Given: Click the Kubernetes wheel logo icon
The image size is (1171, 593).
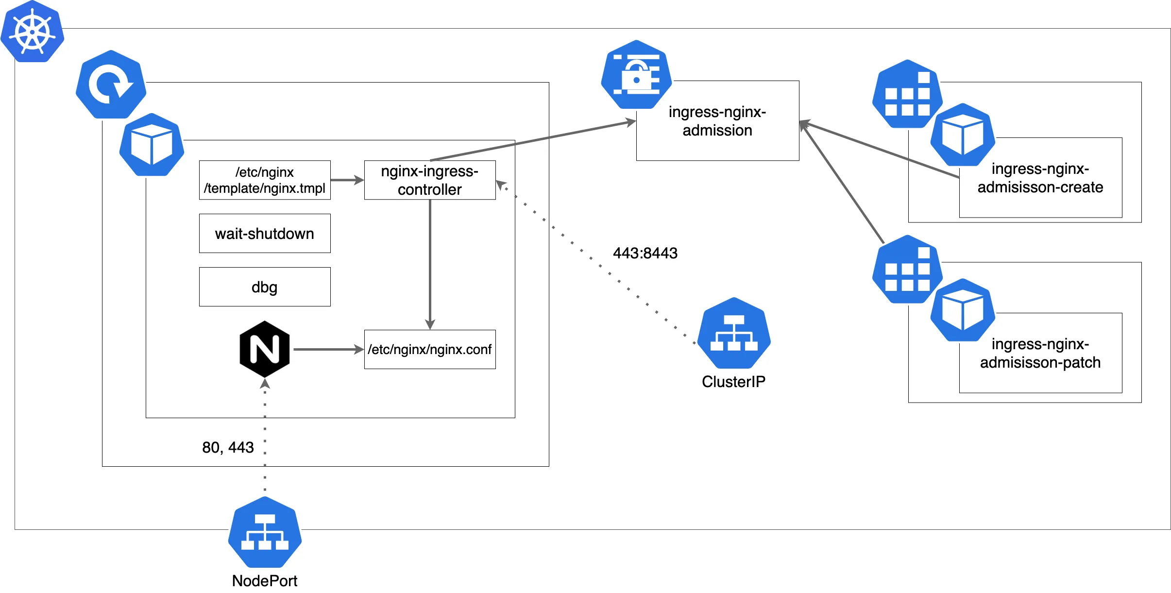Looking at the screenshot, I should pyautogui.click(x=32, y=32).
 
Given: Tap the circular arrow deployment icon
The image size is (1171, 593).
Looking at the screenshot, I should pyautogui.click(x=111, y=85).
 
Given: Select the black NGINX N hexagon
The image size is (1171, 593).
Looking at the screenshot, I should pyautogui.click(x=265, y=349).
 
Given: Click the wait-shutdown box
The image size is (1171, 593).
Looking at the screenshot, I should pyautogui.click(x=265, y=234).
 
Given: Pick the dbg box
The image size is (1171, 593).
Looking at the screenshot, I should pyautogui.click(x=265, y=287).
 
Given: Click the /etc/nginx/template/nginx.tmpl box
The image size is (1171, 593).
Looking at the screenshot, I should pyautogui.click(x=265, y=180).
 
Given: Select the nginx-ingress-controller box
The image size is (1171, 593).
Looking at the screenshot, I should pyautogui.click(x=430, y=180).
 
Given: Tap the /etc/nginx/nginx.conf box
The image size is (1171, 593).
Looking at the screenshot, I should pyautogui.click(x=430, y=350).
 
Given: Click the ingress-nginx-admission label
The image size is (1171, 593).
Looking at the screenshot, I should pyautogui.click(x=717, y=121).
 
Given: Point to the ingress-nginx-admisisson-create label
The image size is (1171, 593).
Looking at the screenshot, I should pyautogui.click(x=1040, y=178).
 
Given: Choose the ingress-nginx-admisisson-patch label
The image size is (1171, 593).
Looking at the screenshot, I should pyautogui.click(x=1040, y=354).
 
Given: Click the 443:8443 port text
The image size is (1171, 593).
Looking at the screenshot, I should pyautogui.click(x=645, y=253).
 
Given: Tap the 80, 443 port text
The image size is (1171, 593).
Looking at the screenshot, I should pyautogui.click(x=228, y=447).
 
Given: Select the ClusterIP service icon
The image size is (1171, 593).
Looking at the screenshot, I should pyautogui.click(x=734, y=334).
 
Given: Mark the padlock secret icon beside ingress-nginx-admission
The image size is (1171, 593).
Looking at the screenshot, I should pyautogui.click(x=636, y=75).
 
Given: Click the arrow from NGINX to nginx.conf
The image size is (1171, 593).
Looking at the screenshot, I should pyautogui.click(x=328, y=350).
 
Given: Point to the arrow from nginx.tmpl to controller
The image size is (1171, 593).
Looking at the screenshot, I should pyautogui.click(x=347, y=180).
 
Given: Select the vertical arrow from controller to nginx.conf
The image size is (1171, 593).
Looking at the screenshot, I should pyautogui.click(x=430, y=262).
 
